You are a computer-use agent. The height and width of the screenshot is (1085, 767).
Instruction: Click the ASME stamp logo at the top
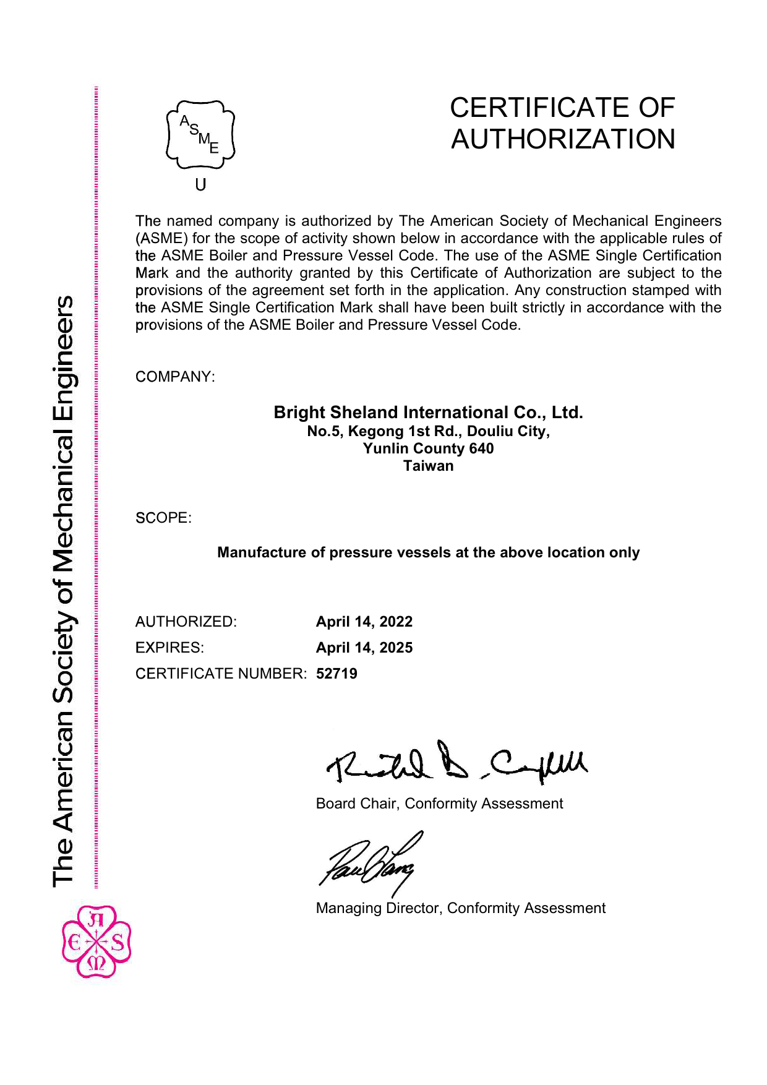pos(200,135)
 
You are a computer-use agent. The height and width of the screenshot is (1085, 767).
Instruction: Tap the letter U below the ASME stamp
pos(200,184)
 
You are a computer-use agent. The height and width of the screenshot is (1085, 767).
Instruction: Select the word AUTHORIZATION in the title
pos(563,139)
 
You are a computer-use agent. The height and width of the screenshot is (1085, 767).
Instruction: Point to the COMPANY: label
pos(175,377)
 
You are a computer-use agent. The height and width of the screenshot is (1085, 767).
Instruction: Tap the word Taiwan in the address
pos(428,466)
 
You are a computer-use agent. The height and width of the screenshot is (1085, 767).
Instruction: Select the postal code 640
pos(481,448)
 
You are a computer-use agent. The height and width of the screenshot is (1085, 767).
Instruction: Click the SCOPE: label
pos(163,518)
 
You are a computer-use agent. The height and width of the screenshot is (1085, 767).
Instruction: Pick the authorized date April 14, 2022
pos(364,622)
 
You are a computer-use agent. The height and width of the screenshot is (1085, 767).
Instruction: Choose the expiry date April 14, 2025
pos(364,648)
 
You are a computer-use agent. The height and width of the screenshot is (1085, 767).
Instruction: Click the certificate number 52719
pos(336,674)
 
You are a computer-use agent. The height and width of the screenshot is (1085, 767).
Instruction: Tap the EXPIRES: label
pos(169,648)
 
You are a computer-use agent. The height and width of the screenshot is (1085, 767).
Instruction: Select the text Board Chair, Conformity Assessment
pos(439,804)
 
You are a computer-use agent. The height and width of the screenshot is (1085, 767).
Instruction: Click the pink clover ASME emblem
pos(96,941)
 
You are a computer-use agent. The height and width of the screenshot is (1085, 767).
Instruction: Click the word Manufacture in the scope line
pos(262,552)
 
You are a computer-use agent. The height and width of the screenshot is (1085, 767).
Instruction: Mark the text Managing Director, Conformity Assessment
pos(460,908)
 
